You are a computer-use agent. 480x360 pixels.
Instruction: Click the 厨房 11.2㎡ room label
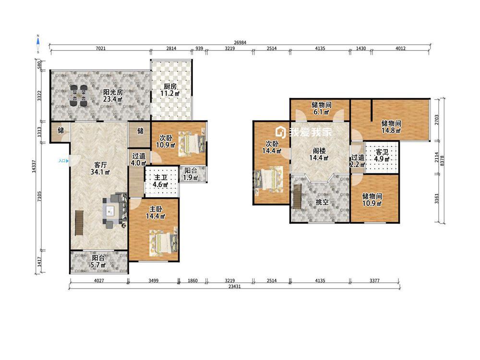point(170,90)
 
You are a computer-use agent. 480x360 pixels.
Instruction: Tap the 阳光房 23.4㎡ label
point(113,96)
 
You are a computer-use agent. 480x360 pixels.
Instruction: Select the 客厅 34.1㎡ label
point(100,168)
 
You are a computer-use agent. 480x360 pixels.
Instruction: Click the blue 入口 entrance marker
point(64,161)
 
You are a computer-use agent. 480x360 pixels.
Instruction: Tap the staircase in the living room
point(79,223)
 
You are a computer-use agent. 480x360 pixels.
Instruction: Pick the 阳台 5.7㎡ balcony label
point(98,262)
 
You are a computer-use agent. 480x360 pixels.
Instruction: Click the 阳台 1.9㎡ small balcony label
point(191,174)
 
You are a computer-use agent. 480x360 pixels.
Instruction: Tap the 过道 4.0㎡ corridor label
point(139,159)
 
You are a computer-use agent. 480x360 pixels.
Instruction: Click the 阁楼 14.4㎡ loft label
point(319,154)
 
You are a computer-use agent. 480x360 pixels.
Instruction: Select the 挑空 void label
point(322,202)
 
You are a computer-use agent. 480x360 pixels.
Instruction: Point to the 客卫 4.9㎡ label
point(382,156)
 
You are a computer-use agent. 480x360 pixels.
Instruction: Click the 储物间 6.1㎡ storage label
point(322,108)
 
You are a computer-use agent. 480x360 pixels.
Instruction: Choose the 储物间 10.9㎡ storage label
point(372,200)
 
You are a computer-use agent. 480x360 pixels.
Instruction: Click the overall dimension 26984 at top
point(240,43)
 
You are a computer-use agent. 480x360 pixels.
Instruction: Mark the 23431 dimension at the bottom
point(235,287)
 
